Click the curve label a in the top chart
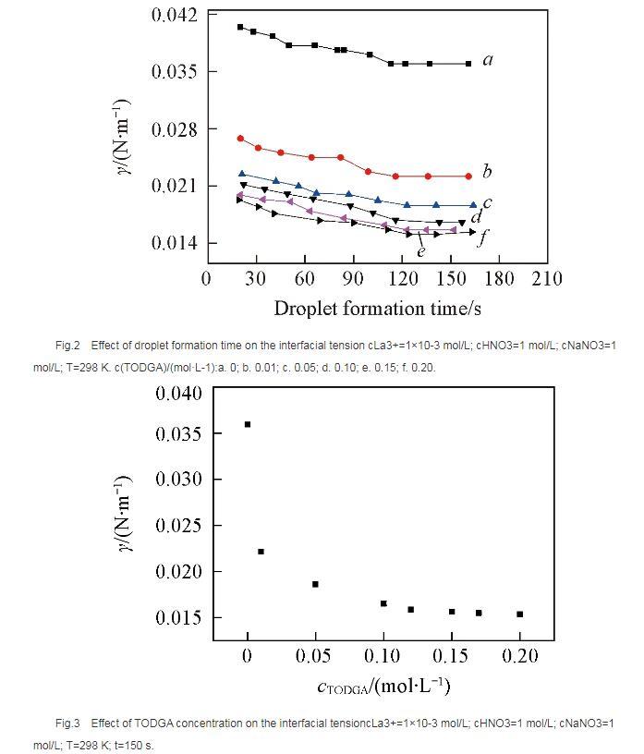(488, 61)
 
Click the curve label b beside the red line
(487, 172)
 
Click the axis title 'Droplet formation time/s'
(377, 307)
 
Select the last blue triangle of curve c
(473, 205)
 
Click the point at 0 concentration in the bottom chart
(248, 424)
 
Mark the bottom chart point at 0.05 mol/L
(315, 584)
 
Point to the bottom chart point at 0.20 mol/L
(520, 614)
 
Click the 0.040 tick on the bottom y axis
(179, 394)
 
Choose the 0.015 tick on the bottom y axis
(179, 617)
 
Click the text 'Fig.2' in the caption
(67, 346)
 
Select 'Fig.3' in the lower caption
(67, 723)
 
